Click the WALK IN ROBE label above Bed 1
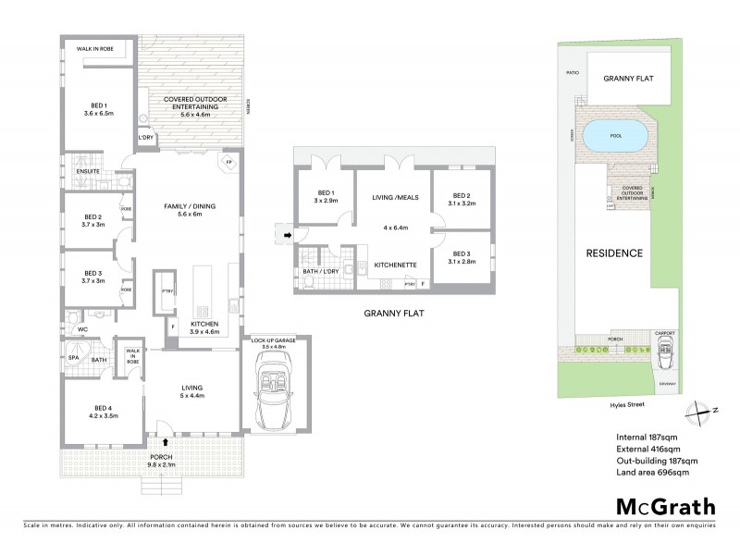click(95, 63)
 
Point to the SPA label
click(73, 356)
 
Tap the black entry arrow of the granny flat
click(287, 236)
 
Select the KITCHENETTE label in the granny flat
click(397, 265)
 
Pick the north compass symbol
click(699, 410)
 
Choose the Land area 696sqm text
click(651, 473)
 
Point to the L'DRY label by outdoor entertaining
click(146, 138)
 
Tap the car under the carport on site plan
click(665, 352)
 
